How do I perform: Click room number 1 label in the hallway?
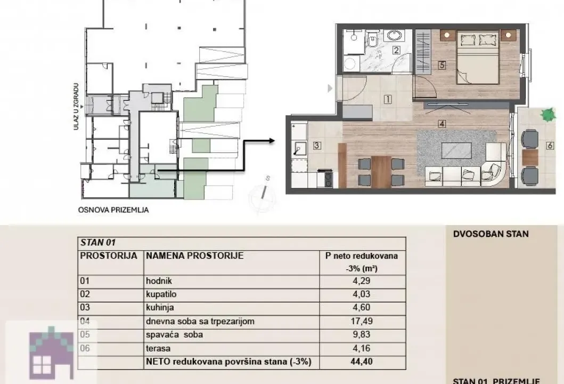tap(387, 99)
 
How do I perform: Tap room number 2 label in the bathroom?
tap(396, 51)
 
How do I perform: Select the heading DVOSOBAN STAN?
tap(491, 234)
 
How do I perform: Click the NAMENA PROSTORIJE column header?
tap(194, 255)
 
